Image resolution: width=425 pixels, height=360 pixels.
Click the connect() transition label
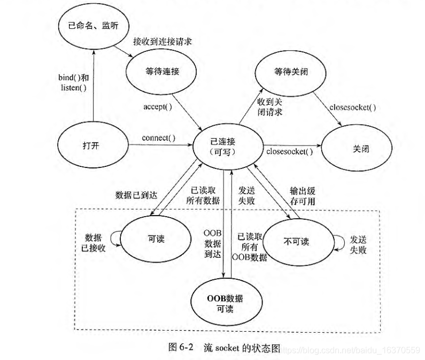click(158, 138)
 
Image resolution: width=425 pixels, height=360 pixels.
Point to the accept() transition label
click(157, 106)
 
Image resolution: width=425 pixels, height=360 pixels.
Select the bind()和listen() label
click(73, 82)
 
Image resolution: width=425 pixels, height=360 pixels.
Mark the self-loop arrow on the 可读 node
click(113, 236)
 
